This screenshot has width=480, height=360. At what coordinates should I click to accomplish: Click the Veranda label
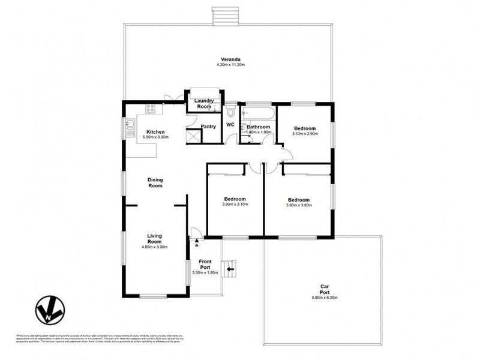(230, 59)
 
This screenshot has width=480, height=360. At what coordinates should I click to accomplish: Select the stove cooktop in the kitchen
(150, 109)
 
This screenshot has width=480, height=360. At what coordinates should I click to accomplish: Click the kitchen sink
(130, 125)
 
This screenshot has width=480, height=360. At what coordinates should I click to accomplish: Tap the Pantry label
(208, 127)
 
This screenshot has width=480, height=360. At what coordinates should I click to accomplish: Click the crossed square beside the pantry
(194, 136)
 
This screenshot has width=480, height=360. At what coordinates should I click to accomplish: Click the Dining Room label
(155, 183)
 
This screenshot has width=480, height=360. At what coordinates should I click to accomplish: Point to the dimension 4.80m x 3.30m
(154, 247)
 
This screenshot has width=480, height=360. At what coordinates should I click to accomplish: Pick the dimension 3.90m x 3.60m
(298, 205)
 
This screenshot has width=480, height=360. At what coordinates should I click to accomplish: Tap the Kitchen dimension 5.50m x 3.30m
(155, 137)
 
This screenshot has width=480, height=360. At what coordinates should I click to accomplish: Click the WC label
(230, 125)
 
